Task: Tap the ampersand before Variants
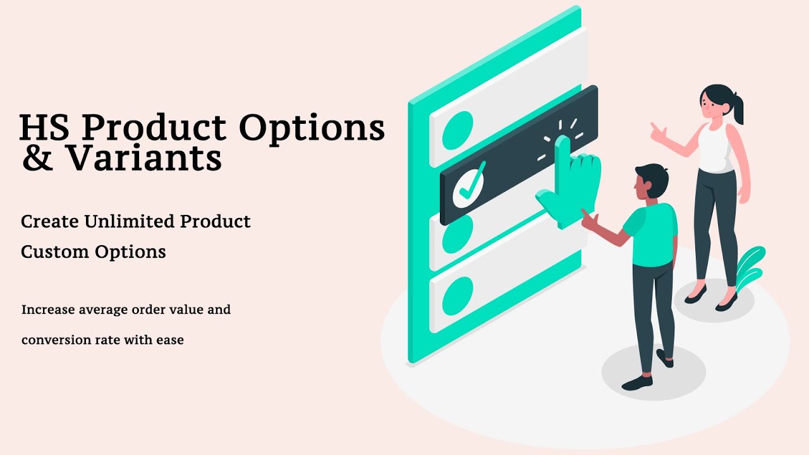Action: pyautogui.click(x=37, y=159)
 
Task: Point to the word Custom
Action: pyautogui.click(x=55, y=252)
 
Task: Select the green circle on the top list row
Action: pyautogui.click(x=458, y=130)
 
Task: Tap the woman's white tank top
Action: pyautogui.click(x=715, y=148)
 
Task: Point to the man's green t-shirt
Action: pyautogui.click(x=652, y=234)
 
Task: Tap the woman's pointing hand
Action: pyautogui.click(x=658, y=132)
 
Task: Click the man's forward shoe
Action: pyautogui.click(x=636, y=383)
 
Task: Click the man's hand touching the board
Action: pyautogui.click(x=588, y=221)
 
